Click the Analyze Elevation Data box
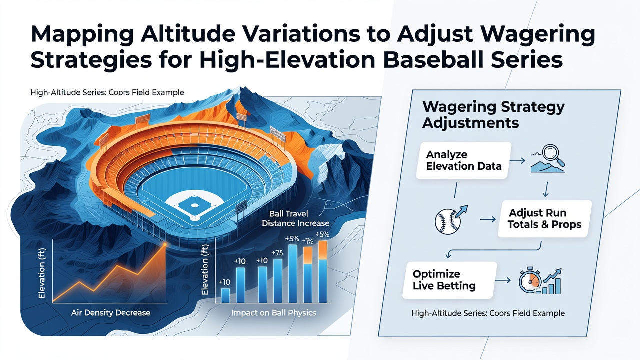click(463, 160)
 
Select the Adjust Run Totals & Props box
click(545, 219)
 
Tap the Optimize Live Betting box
click(449, 280)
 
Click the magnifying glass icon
click(553, 155)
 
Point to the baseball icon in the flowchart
click(447, 221)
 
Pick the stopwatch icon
click(530, 281)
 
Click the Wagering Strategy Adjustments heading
click(493, 115)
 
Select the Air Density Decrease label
click(111, 313)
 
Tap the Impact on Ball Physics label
click(273, 313)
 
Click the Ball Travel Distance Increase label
click(295, 218)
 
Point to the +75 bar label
click(277, 253)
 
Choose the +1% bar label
click(307, 241)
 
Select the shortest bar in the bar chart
click(225, 295)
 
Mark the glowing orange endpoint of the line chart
click(165, 244)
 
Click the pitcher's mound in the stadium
click(194, 205)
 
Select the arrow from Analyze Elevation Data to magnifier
click(517, 161)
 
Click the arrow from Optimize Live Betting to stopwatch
click(503, 280)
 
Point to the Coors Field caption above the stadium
click(107, 92)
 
